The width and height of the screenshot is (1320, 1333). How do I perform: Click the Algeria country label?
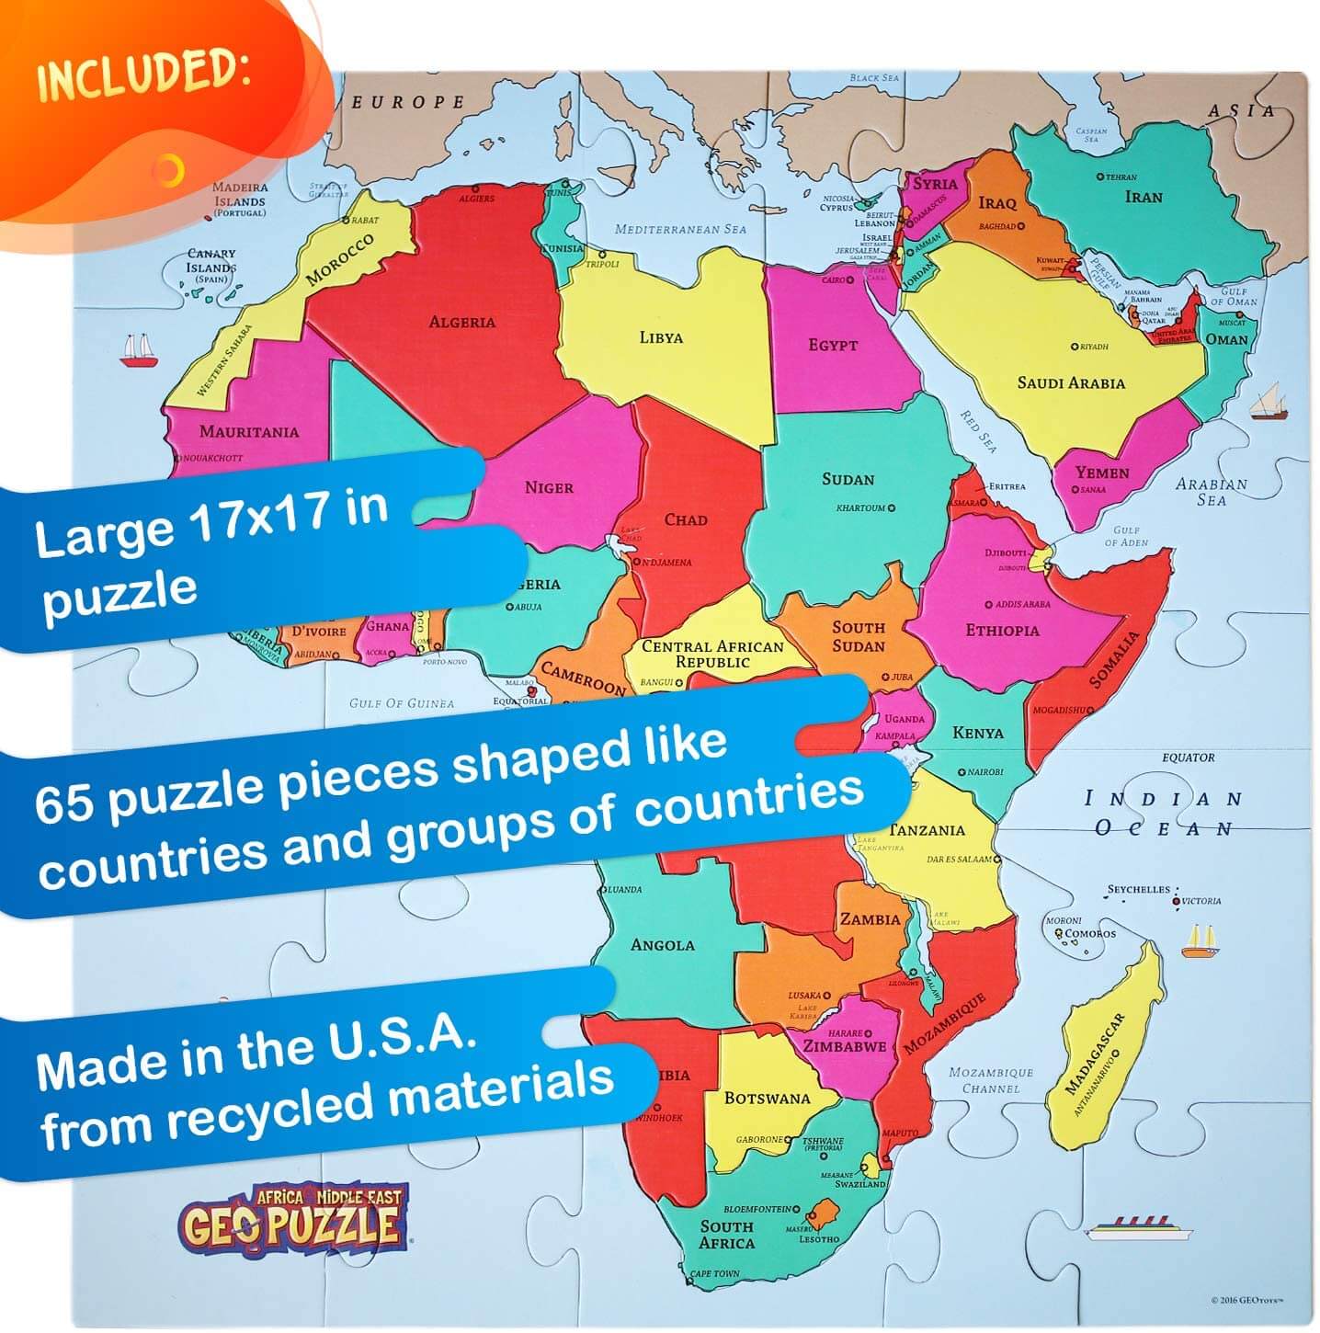(461, 322)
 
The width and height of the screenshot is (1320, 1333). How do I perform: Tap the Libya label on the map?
(661, 337)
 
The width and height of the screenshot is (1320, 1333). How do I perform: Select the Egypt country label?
(833, 345)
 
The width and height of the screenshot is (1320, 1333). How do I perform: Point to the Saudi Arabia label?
(1071, 382)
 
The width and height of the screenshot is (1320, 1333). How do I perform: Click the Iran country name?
(1144, 197)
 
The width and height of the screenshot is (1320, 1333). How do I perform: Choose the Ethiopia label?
(1002, 631)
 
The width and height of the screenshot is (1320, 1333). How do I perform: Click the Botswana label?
(767, 1098)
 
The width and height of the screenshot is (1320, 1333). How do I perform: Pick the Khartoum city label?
(861, 507)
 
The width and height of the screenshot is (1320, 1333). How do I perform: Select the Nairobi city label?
(984, 772)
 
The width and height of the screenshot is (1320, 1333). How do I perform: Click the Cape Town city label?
(714, 1274)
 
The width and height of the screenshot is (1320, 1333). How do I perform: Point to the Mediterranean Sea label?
(680, 229)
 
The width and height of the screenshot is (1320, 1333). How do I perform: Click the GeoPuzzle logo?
(292, 1218)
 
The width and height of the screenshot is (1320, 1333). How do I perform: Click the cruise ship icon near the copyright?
(1138, 1228)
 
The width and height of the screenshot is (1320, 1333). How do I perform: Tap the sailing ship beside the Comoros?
(1201, 941)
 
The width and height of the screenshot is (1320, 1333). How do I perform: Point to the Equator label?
(1188, 758)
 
